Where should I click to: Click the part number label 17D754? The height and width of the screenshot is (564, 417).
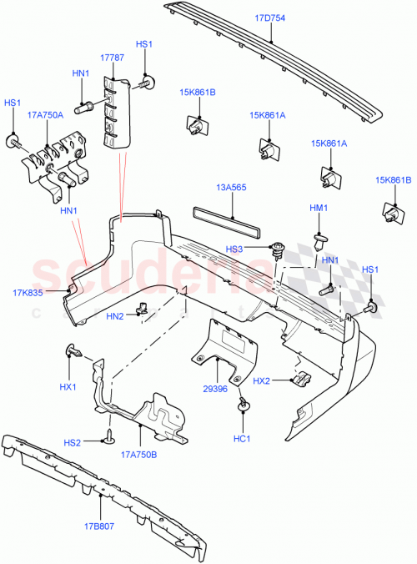pos(269,18)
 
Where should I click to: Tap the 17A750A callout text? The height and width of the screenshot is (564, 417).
pos(46,115)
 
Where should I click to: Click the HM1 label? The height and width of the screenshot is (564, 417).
pos(319,208)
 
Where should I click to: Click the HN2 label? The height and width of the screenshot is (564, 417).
pos(116,315)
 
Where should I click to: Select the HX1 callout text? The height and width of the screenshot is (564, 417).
pos(68,387)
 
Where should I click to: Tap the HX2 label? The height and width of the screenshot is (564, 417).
pos(262,380)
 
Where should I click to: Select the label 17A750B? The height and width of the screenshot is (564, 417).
pos(139,455)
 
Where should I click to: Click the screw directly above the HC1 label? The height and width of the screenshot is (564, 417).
pos(244,405)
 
